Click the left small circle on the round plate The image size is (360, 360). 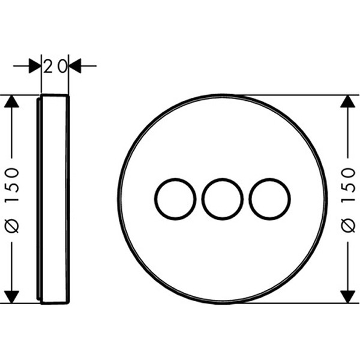(x=155, y=199)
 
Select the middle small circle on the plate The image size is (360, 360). (x=202, y=199)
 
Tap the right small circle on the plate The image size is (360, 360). (x=250, y=199)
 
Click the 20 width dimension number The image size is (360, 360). (x=55, y=66)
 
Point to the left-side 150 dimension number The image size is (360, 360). (x=12, y=185)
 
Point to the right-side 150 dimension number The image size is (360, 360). (x=348, y=185)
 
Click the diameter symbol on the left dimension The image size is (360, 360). (x=12, y=226)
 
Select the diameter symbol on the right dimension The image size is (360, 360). (x=348, y=226)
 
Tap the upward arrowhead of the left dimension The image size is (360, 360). (x=11, y=101)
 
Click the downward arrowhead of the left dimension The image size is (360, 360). (x=11, y=297)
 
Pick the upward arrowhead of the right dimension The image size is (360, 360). (x=348, y=101)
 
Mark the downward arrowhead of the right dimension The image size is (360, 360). (x=348, y=297)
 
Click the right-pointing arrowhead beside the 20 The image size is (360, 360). (x=35, y=66)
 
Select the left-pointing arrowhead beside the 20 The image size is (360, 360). (x=75, y=66)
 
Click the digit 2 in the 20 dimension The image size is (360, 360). (x=48, y=66)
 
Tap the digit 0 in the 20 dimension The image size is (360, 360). (x=62, y=66)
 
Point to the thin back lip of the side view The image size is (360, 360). (x=38, y=199)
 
